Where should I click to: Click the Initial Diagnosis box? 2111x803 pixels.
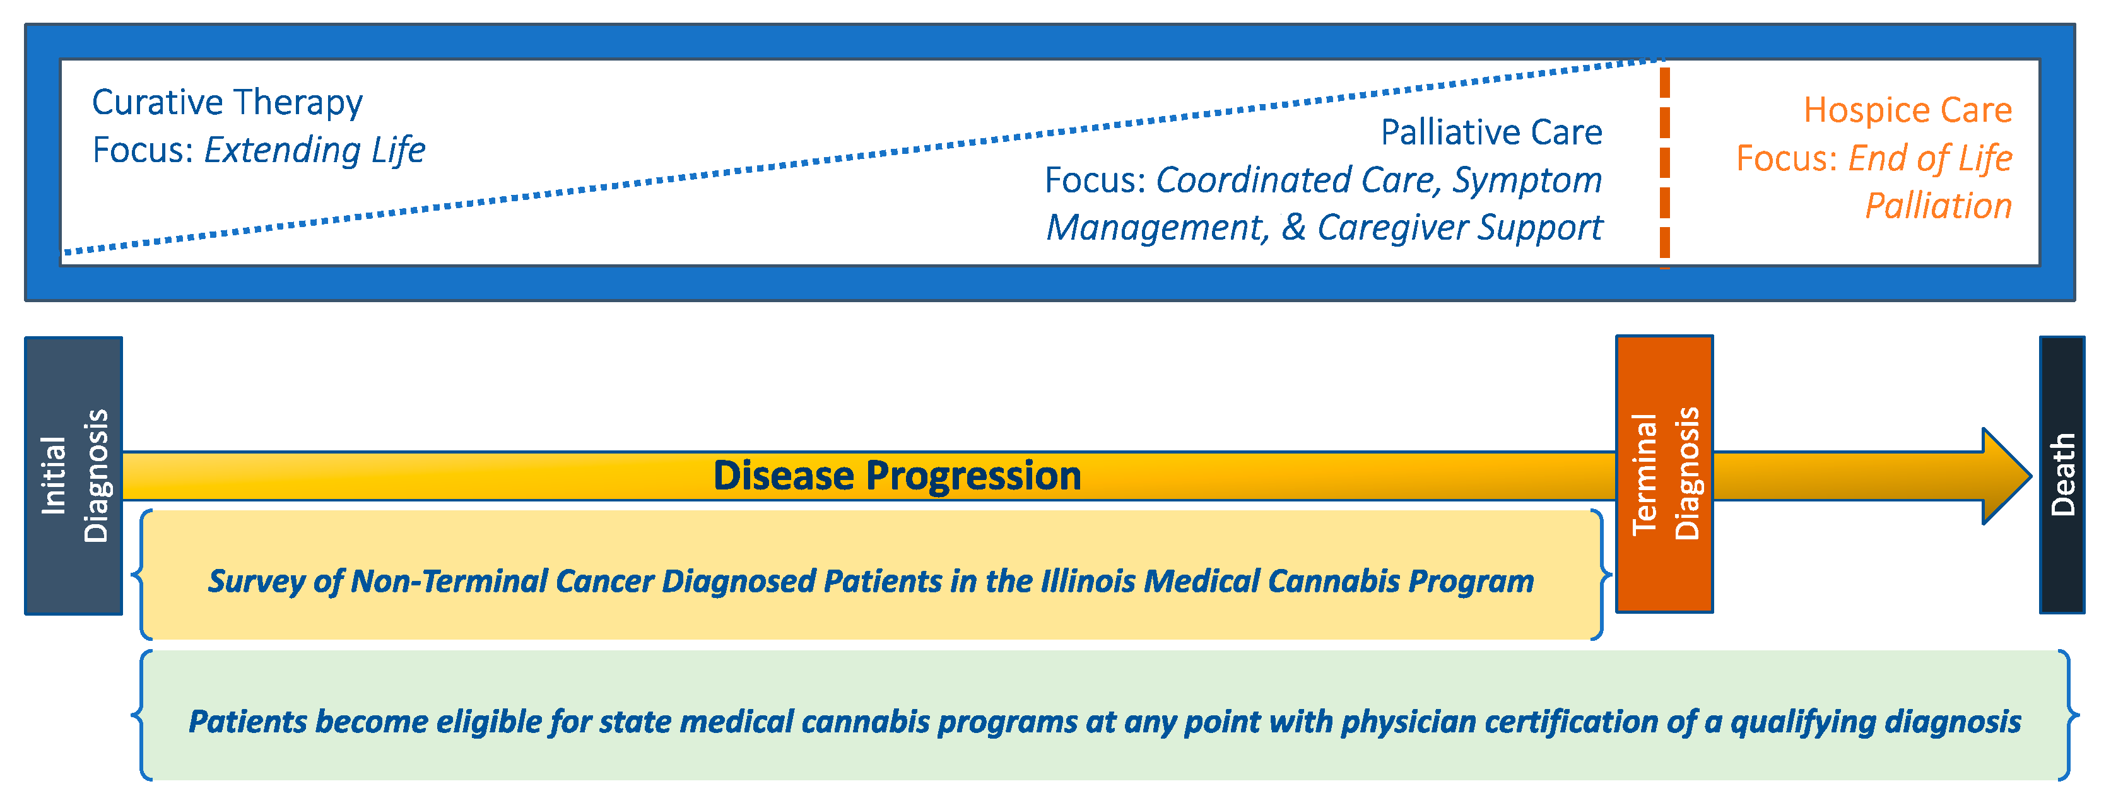point(74,475)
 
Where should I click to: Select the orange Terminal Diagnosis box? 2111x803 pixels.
point(1664,474)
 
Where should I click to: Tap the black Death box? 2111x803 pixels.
point(2062,474)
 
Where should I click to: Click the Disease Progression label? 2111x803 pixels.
point(897,475)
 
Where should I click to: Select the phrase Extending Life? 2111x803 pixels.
point(315,150)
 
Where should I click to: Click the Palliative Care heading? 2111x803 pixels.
point(1491,132)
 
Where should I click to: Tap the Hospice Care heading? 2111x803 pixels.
point(1908,110)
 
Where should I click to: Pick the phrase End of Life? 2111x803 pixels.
point(1931,158)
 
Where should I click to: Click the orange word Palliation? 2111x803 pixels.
point(1939,206)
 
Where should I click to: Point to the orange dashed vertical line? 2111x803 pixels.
point(1664,164)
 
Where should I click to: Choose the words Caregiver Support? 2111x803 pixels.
point(1459,228)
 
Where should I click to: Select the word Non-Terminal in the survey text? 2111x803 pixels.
point(449,581)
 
